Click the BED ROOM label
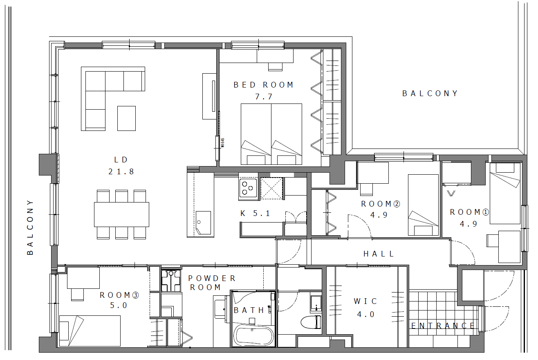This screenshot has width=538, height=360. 263,85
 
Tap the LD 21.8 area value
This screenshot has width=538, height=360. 121,171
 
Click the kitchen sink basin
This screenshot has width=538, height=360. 203,223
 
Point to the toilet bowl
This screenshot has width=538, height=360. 310,322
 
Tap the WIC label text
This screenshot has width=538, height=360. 365,301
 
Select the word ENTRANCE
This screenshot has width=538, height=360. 443,326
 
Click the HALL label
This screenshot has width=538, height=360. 379,254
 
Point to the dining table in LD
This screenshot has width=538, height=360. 121,215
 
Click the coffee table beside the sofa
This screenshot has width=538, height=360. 127,119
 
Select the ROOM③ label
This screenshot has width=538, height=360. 119,295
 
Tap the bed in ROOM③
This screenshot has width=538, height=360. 90,331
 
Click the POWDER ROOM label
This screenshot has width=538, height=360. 212,283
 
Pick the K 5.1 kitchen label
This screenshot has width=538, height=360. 255,214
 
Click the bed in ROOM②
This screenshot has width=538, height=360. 423,205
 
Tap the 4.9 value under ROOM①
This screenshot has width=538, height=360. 469,224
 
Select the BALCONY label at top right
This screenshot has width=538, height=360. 430,94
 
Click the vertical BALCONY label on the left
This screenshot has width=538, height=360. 30,227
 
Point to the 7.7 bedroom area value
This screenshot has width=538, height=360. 263,97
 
